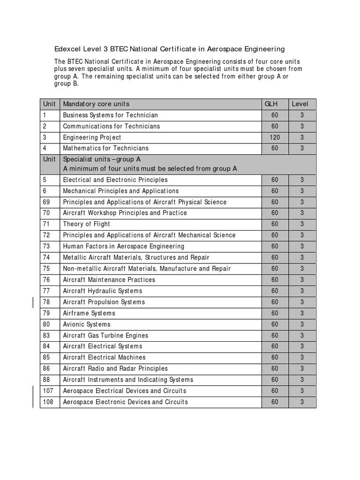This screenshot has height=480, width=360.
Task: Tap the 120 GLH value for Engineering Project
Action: [x=275, y=137]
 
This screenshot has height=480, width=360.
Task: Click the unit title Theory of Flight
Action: [x=87, y=224]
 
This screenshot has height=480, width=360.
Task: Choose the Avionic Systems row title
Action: [x=87, y=324]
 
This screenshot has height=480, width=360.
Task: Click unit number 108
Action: [x=48, y=402]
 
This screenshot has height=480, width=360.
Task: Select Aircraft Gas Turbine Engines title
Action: [x=105, y=336]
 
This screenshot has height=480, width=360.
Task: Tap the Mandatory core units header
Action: [x=96, y=104]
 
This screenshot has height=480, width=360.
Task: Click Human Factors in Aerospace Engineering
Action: [x=124, y=246]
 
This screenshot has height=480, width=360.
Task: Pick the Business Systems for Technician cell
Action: [x=111, y=115]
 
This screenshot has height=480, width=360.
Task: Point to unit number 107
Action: [x=48, y=391]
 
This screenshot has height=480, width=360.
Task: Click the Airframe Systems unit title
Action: [x=89, y=313]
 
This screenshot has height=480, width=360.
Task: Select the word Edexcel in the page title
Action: [x=68, y=49]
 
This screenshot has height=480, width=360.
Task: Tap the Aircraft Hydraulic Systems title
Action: [x=103, y=291]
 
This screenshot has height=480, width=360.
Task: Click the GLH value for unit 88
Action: [x=275, y=380]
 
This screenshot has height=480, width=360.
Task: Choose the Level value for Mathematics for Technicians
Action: [x=302, y=148]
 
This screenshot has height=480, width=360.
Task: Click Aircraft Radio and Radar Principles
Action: [x=115, y=369]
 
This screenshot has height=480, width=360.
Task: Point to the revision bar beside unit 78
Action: [x=33, y=302]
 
